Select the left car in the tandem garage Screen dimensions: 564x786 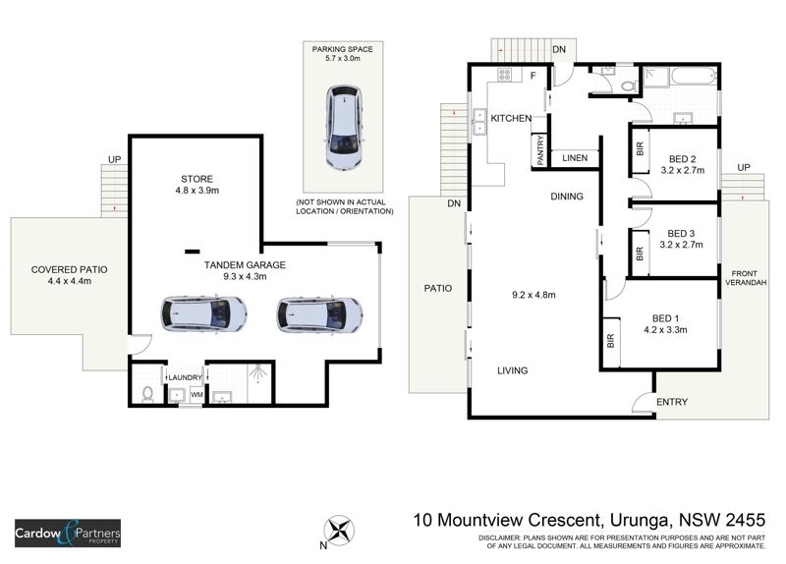(x=203, y=314)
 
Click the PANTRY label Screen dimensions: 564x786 (x=540, y=150)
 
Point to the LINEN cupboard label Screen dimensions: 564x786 (x=575, y=158)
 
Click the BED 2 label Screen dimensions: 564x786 (x=682, y=158)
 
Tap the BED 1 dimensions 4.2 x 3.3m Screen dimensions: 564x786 (x=666, y=331)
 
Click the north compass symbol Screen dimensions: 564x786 (x=341, y=531)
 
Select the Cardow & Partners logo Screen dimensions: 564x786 (x=67, y=533)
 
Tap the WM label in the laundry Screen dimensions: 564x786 (x=196, y=395)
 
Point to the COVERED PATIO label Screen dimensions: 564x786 (x=69, y=269)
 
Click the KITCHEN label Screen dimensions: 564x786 (x=511, y=119)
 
